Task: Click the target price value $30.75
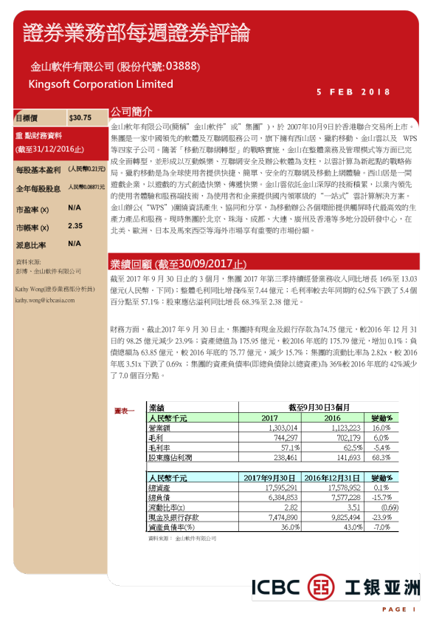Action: [80, 117]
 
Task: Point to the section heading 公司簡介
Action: [131, 112]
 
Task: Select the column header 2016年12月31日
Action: [332, 478]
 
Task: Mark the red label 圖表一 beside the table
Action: [125, 409]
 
